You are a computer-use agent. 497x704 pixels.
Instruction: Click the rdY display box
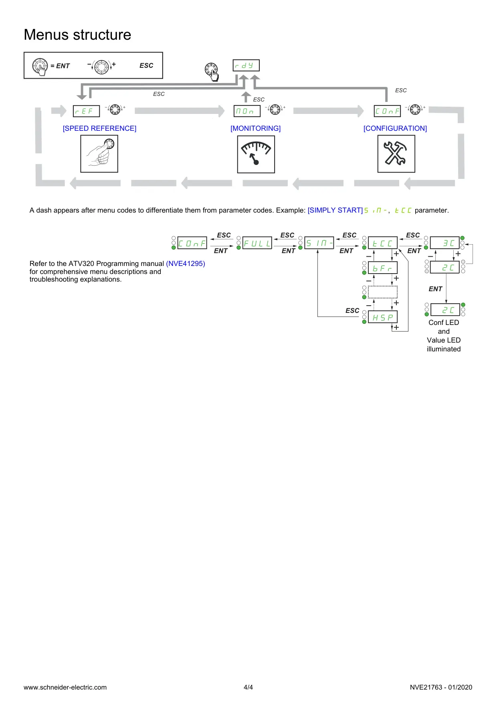coord(246,65)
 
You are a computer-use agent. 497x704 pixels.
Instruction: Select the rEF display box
coord(86,111)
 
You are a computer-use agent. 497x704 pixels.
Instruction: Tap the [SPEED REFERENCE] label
coord(99,128)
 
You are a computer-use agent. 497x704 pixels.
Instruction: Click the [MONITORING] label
coord(255,128)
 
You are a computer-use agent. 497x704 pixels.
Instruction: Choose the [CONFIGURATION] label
coord(395,128)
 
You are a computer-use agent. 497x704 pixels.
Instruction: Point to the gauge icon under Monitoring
coord(256,154)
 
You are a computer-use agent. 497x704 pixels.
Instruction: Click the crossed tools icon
coord(396,154)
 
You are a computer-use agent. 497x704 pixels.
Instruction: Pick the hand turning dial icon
coord(99,154)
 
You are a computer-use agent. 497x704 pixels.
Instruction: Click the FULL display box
coord(257,243)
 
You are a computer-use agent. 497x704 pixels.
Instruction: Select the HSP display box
coord(383,317)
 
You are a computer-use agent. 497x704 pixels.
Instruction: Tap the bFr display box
coord(383,268)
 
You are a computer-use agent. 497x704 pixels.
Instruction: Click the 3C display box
coord(445,243)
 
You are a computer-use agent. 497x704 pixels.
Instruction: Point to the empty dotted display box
coord(383,292)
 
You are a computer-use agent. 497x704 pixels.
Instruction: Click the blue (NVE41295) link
coord(186,264)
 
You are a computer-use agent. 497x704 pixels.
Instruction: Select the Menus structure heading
coord(77,35)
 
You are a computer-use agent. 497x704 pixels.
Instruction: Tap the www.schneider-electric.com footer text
coord(65,687)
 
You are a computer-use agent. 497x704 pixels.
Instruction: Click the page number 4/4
coord(248,687)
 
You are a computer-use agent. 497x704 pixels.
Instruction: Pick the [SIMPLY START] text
coord(335,210)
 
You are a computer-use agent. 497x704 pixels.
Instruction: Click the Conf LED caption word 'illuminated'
coord(444,349)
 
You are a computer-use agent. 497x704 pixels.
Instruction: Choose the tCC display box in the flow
coord(383,243)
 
